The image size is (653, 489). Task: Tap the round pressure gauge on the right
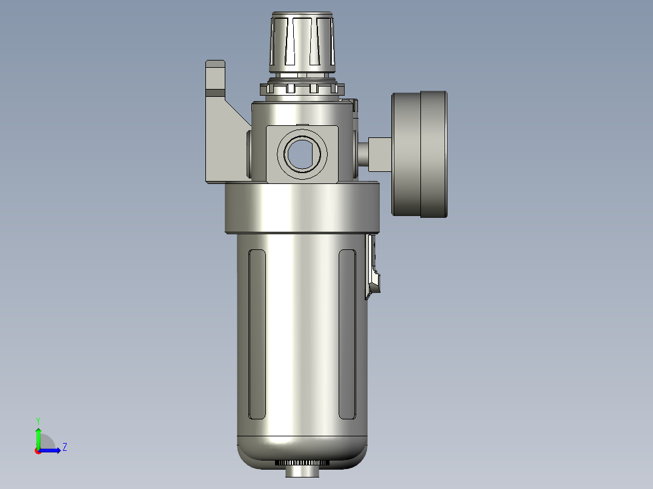coord(419,153)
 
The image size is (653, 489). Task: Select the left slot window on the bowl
coord(257,333)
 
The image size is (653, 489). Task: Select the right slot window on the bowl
coord(347,333)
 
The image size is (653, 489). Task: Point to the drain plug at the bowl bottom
coord(302,471)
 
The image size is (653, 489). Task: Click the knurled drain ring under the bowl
coord(302,462)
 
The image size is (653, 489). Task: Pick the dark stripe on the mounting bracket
coord(216,93)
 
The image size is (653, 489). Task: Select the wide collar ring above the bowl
coord(302,208)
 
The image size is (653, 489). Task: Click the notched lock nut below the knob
coord(301,88)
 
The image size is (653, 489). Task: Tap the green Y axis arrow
coord(38,436)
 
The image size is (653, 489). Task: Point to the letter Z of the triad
coord(65,447)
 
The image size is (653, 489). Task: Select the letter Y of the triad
coord(38,420)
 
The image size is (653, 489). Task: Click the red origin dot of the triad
coord(38,451)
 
